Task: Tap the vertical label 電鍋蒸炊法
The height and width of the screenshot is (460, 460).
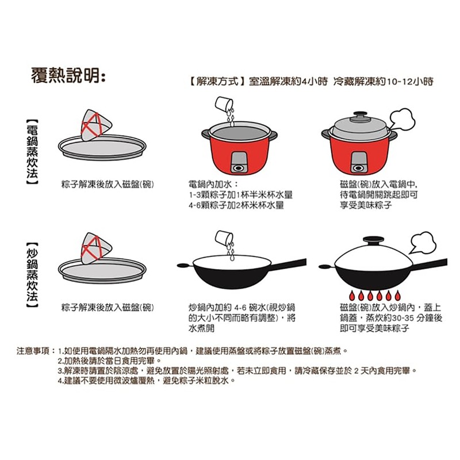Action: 32,152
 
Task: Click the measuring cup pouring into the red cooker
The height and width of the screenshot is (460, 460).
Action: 223,104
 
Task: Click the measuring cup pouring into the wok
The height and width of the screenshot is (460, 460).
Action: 224,237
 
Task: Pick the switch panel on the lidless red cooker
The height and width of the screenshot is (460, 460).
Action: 237,162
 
